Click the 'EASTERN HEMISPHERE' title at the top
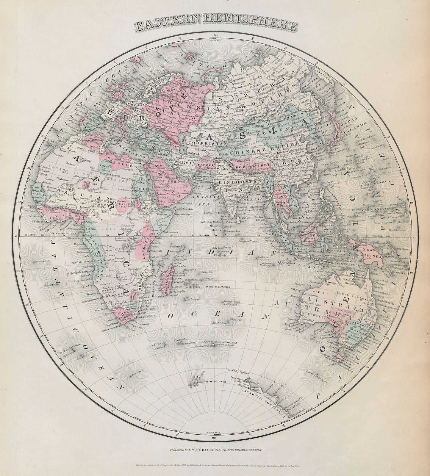215,26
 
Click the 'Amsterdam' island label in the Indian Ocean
220,323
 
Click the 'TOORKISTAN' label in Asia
200,143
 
